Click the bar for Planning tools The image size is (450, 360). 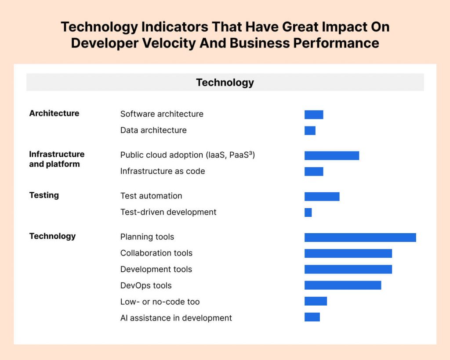[360, 238]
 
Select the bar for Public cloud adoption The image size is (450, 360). [332, 155]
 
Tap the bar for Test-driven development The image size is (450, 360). [308, 212]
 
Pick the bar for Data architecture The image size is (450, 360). [310, 130]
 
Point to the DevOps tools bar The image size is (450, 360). [343, 285]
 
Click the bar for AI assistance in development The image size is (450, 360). [312, 317]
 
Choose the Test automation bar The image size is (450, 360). [322, 196]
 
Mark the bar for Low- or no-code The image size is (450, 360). [316, 301]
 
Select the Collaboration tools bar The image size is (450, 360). [348, 253]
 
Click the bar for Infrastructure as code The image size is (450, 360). [314, 171]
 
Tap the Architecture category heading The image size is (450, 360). [54, 113]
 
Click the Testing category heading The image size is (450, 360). [44, 195]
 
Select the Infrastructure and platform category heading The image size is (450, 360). [57, 159]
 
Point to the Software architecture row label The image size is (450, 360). [162, 114]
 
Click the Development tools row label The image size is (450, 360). [156, 270]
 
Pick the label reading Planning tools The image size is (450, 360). [147, 237]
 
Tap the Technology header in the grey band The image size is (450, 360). [225, 83]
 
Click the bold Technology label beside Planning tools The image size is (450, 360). [53, 236]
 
